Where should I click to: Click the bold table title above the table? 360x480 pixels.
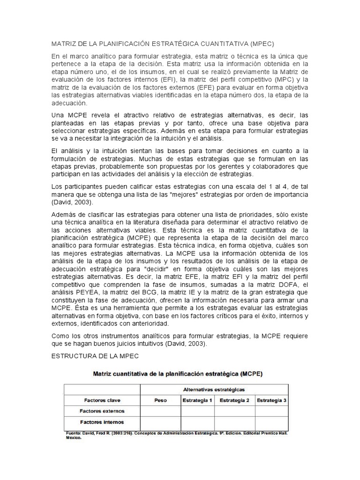[x=178, y=375]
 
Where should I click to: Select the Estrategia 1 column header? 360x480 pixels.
[x=197, y=400]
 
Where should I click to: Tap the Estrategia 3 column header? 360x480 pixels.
[x=271, y=400]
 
